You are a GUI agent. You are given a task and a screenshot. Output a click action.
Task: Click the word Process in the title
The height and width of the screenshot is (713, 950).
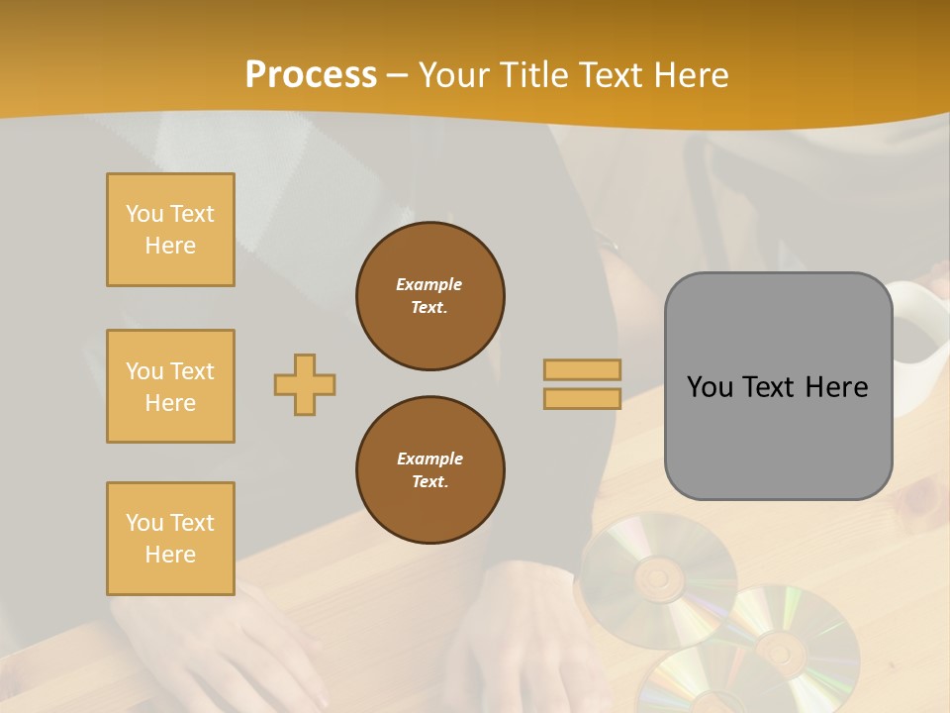pos(311,75)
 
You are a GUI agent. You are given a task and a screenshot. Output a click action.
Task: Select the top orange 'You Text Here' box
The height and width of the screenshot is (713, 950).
pos(170,230)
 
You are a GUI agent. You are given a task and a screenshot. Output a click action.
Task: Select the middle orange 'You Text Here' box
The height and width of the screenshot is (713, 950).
pos(170,386)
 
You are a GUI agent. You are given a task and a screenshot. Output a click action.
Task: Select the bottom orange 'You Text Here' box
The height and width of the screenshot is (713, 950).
pos(170,539)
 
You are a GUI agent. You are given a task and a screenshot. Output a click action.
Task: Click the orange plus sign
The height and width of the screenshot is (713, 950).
pos(305,384)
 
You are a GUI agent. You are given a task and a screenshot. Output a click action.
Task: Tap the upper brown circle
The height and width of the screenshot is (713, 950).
pos(430,296)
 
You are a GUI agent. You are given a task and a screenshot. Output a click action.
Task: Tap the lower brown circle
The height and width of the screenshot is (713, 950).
pos(430,470)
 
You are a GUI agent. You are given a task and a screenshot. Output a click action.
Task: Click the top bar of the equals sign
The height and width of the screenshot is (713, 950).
pos(582,369)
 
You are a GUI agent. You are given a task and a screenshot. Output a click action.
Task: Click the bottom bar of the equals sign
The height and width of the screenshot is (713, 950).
pos(582,399)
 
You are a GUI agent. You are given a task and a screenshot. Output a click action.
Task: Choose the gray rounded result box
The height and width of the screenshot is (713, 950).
pos(778,386)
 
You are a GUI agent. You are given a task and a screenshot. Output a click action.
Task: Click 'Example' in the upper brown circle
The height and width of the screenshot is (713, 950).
pos(429,284)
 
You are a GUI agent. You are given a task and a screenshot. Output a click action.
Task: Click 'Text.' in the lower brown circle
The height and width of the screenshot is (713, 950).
pos(429,482)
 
